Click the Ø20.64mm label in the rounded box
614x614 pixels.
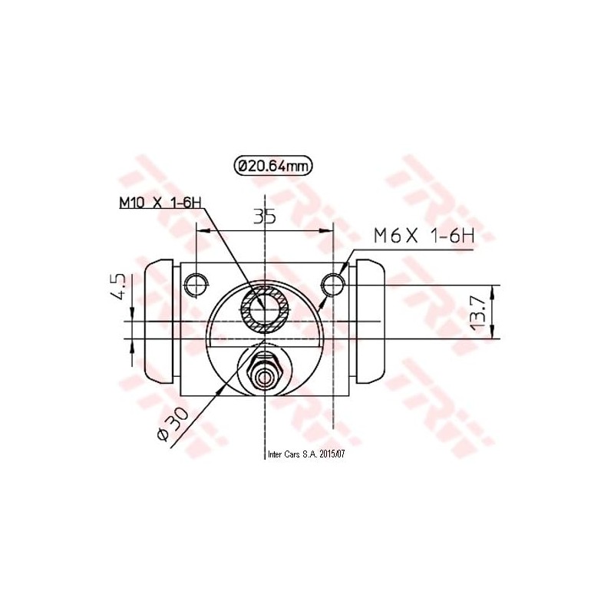[274, 165]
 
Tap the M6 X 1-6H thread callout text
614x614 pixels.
[424, 236]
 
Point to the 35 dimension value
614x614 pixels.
[265, 217]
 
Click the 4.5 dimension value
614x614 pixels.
[118, 286]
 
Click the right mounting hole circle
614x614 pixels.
[333, 285]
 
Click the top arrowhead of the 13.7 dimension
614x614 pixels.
[492, 292]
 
